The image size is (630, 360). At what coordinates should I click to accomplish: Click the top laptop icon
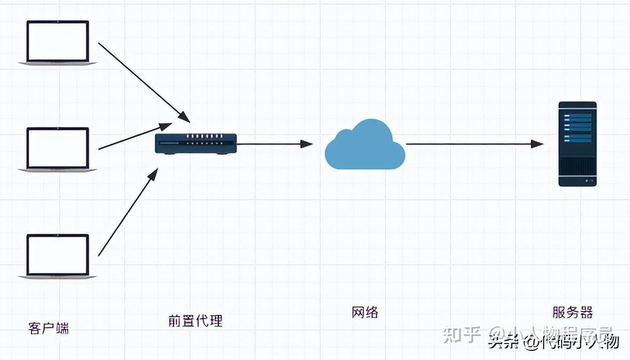click(58, 43)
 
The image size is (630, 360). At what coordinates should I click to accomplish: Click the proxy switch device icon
click(196, 144)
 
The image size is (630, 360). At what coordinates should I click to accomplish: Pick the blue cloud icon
click(365, 145)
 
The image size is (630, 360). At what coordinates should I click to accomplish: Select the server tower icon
click(577, 144)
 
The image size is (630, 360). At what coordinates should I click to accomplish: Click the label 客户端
click(49, 327)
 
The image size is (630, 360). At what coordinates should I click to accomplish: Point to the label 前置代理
click(195, 320)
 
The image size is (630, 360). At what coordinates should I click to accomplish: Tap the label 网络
click(365, 312)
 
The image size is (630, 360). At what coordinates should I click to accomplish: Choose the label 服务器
click(573, 312)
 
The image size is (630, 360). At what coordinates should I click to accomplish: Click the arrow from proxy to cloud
click(274, 144)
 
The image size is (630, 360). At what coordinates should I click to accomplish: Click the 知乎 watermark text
click(464, 334)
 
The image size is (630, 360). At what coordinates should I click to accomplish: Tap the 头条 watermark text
click(502, 342)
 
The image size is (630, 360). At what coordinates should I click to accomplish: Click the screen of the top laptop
click(58, 41)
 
